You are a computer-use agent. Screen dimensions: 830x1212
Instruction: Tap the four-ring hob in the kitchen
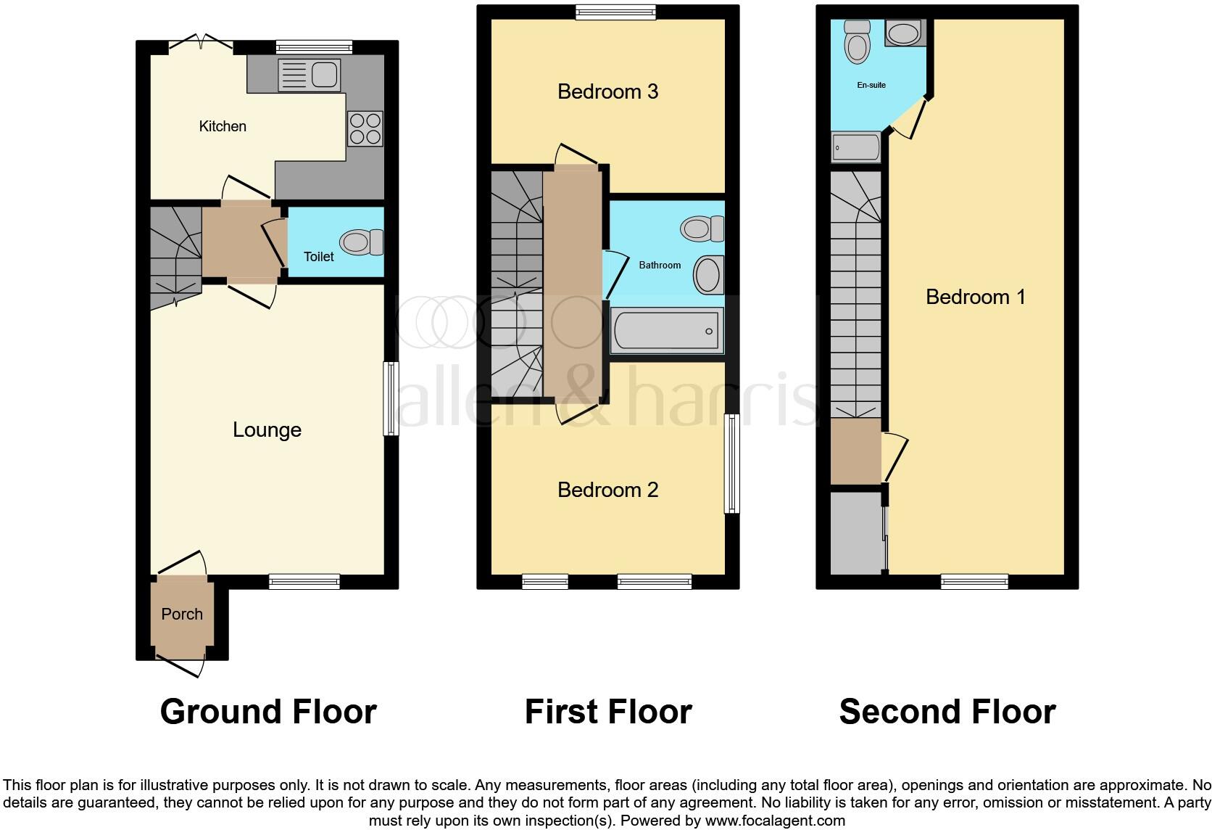pyautogui.click(x=365, y=128)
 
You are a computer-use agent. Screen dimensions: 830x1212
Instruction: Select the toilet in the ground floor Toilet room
pyautogui.click(x=361, y=242)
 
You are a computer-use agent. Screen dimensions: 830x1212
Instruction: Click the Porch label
pyautogui.click(x=182, y=615)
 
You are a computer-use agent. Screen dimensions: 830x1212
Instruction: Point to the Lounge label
pyautogui.click(x=267, y=430)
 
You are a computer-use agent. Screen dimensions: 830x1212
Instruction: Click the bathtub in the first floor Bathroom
pyautogui.click(x=666, y=331)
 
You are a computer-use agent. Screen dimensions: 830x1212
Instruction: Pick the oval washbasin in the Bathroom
pyautogui.click(x=708, y=275)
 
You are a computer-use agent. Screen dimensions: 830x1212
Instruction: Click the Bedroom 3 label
pyautogui.click(x=607, y=91)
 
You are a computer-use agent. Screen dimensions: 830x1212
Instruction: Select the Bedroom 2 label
pyautogui.click(x=607, y=490)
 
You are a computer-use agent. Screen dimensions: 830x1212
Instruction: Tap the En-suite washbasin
pyautogui.click(x=903, y=33)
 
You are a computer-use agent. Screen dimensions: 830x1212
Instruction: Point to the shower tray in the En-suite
pyautogui.click(x=856, y=148)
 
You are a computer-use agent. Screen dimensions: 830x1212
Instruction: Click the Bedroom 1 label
pyautogui.click(x=975, y=297)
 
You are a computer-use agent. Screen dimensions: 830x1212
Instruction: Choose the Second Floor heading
pyautogui.click(x=947, y=712)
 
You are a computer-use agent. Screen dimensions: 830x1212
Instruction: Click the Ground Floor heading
pyautogui.click(x=268, y=712)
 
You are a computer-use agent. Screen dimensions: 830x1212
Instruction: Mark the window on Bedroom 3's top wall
pyautogui.click(x=615, y=12)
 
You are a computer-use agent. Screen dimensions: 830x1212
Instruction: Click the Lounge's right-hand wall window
pyautogui.click(x=391, y=398)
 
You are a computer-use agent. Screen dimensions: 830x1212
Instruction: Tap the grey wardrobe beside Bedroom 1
pyautogui.click(x=856, y=534)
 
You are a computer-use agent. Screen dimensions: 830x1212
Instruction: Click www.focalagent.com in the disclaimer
pyautogui.click(x=774, y=821)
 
